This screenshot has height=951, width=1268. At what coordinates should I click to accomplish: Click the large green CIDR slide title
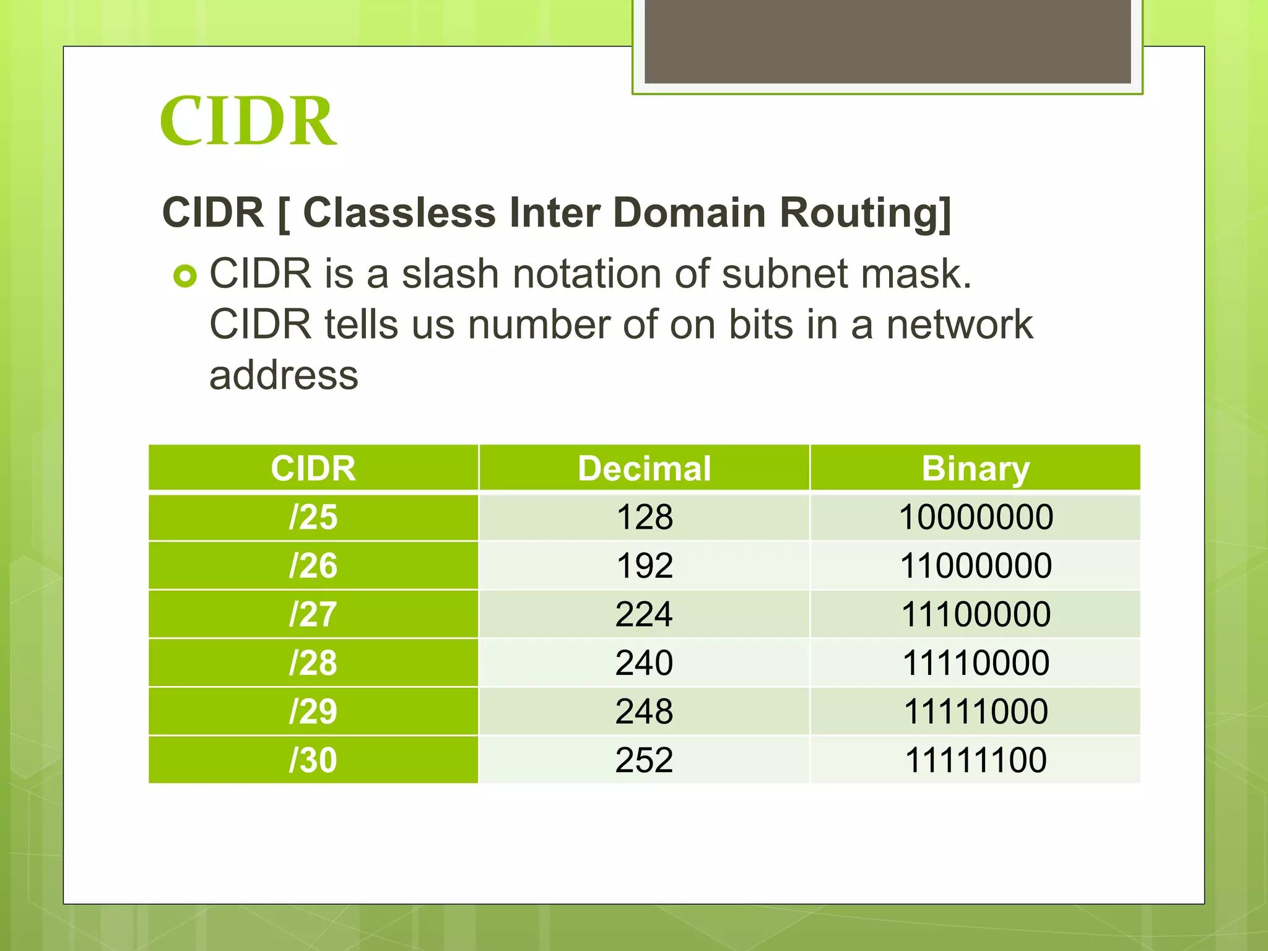(x=248, y=121)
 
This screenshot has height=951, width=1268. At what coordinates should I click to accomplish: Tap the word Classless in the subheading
(x=399, y=212)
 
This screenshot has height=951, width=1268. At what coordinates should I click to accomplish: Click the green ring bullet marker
(x=185, y=276)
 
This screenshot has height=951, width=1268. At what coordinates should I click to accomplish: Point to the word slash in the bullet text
(x=450, y=274)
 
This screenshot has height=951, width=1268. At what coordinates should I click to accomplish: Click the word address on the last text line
(x=284, y=375)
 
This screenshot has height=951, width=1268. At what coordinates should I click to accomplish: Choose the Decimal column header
(x=644, y=468)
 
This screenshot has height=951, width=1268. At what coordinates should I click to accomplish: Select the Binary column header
(x=975, y=468)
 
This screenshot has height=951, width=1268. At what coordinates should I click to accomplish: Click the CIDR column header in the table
(x=313, y=468)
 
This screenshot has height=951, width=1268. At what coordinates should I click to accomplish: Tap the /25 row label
(x=313, y=517)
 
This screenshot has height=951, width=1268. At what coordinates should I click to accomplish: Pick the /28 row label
(x=313, y=662)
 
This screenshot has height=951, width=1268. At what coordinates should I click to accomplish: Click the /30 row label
(x=313, y=760)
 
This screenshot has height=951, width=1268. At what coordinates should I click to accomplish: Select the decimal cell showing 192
(x=644, y=565)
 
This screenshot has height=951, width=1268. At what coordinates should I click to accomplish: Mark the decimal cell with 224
(x=644, y=614)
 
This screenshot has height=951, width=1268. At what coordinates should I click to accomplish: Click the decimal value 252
(x=644, y=760)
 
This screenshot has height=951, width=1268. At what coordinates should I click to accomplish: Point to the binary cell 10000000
(x=975, y=517)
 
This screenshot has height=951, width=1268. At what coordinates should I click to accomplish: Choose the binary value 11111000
(x=975, y=711)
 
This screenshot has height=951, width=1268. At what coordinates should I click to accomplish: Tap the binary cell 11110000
(x=975, y=662)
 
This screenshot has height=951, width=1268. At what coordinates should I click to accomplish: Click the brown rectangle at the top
(x=887, y=41)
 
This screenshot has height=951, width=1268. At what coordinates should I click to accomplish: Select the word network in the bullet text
(x=959, y=324)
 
